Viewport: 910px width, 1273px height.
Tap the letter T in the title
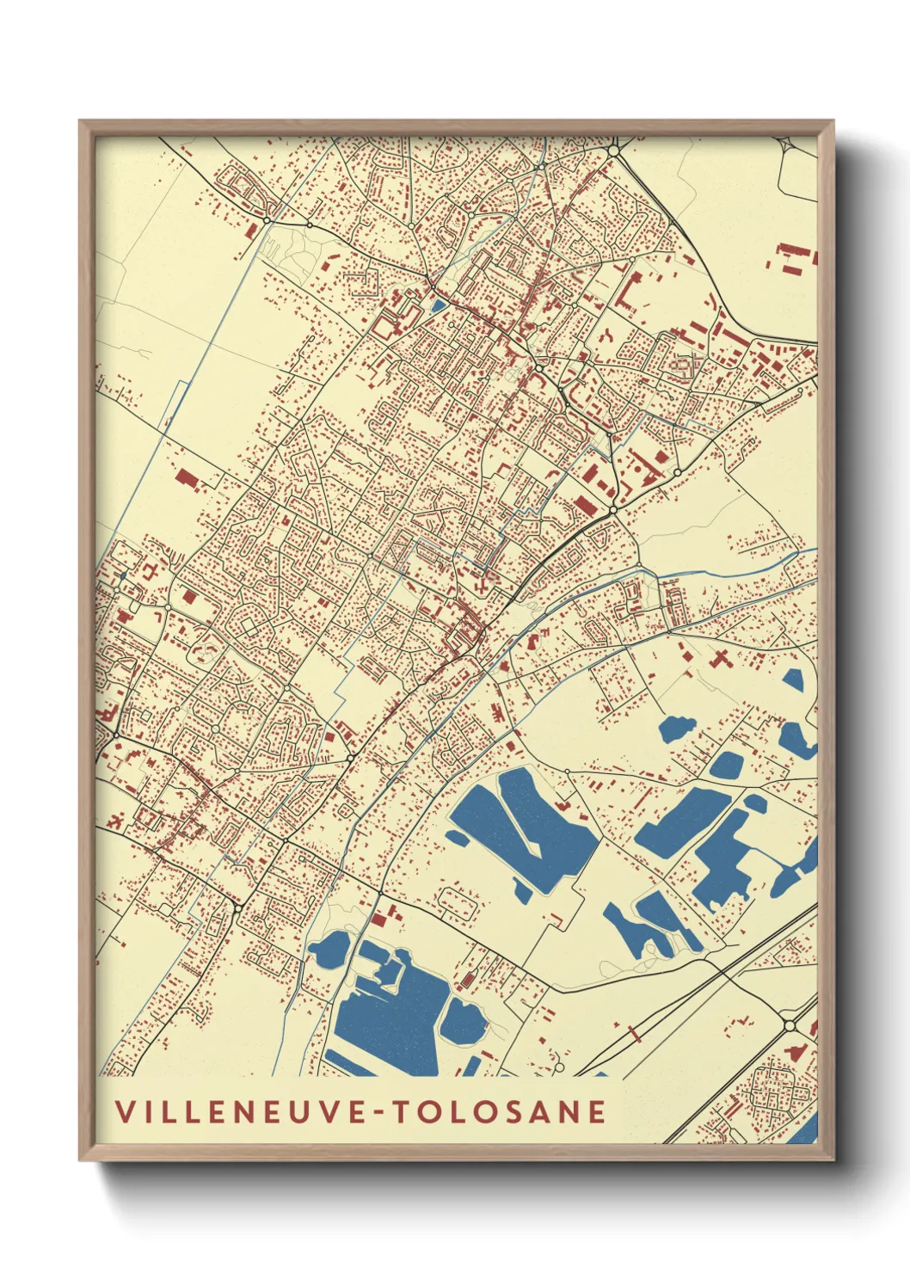click(400, 1111)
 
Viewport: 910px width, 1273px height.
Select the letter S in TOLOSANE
click(507, 1111)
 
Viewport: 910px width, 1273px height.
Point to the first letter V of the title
click(125, 1111)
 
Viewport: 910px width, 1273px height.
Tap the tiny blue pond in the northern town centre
click(438, 304)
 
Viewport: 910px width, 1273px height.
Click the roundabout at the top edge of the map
click(613, 151)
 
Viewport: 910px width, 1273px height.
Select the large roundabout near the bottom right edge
click(790, 1025)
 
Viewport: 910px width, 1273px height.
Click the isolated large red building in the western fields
click(186, 478)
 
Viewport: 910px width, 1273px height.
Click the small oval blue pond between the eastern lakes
click(727, 764)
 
